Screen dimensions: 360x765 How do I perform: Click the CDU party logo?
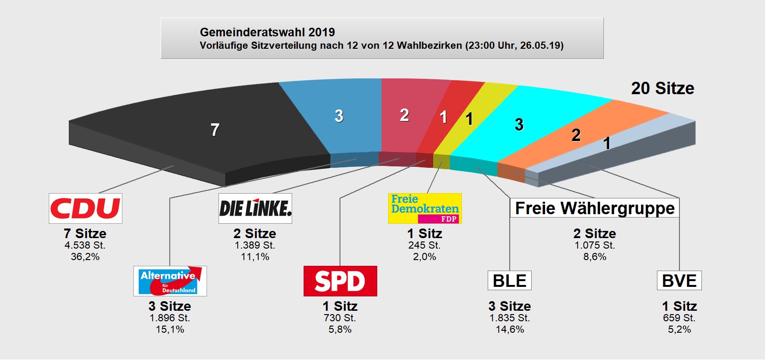coord(85,208)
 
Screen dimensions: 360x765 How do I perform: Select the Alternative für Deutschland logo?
coord(170,281)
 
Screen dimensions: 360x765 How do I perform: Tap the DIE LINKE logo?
coord(255,208)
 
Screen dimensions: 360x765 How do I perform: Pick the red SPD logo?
coord(340,281)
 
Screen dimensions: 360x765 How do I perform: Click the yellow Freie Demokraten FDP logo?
coord(425,208)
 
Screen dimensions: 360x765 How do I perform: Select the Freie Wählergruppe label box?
coord(594,208)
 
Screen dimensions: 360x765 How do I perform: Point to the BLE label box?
coord(509,281)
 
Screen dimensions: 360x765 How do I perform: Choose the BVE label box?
coord(679,281)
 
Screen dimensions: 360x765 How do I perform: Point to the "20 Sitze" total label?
coord(662,88)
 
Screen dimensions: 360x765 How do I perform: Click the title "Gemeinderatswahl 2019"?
coord(267,32)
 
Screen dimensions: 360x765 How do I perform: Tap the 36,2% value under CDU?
coord(85,257)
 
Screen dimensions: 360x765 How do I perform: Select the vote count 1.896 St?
coord(170,318)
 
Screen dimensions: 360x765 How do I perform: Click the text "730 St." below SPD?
coord(340,318)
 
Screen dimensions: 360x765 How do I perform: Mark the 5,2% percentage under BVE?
coord(679,329)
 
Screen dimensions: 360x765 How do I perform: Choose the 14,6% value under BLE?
coord(509,329)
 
